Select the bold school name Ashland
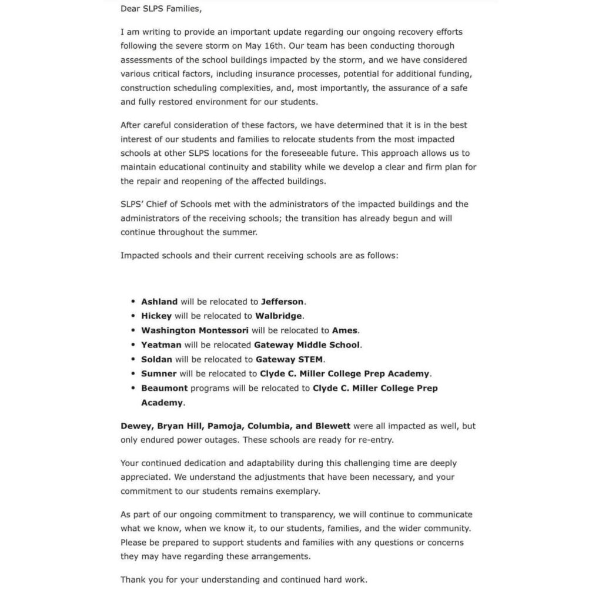(159, 302)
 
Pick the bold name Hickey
(156, 316)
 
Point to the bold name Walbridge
(279, 316)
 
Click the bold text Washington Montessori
(195, 330)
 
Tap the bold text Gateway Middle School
(307, 345)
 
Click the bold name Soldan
(157, 359)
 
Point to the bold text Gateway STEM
(289, 359)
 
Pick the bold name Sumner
(159, 373)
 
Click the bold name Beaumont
(165, 388)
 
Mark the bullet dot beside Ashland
(134, 302)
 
